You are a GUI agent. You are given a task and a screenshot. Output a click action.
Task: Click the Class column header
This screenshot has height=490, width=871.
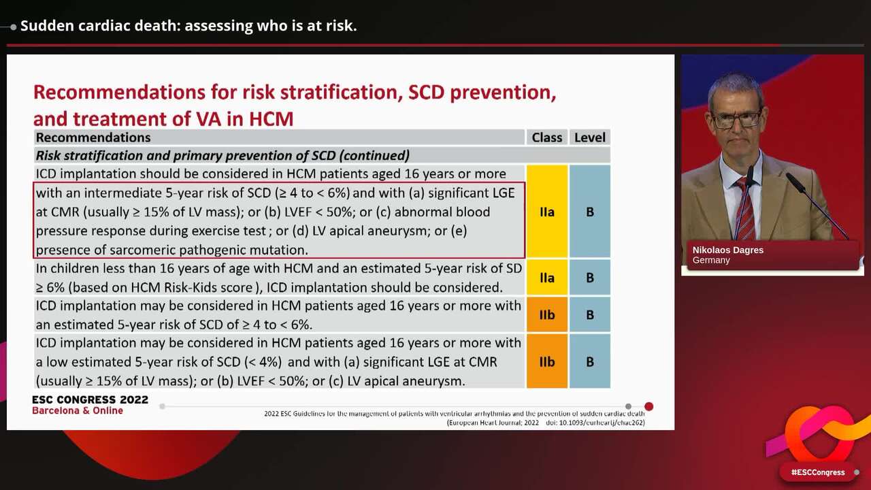pyautogui.click(x=546, y=137)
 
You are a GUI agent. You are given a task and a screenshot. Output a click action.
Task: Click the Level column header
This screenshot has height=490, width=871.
pyautogui.click(x=589, y=137)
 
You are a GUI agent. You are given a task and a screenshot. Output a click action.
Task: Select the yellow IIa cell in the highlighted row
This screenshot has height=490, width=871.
pyautogui.click(x=546, y=212)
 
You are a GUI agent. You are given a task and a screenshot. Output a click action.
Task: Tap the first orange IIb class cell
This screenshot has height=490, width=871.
pyautogui.click(x=546, y=314)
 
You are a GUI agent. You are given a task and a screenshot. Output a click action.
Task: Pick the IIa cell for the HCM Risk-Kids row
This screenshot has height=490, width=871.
pyautogui.click(x=546, y=278)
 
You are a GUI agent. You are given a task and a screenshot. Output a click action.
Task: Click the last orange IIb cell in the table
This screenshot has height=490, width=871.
pyautogui.click(x=546, y=361)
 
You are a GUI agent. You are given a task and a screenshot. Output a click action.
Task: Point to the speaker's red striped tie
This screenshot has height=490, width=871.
pyautogui.click(x=745, y=208)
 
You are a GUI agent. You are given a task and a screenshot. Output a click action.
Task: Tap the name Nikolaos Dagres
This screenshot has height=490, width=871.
pyautogui.click(x=727, y=250)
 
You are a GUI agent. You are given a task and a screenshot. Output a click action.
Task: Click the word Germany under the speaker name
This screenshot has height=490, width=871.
pyautogui.click(x=711, y=260)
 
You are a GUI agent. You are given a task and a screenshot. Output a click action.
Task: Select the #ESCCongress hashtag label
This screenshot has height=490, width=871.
pyautogui.click(x=817, y=472)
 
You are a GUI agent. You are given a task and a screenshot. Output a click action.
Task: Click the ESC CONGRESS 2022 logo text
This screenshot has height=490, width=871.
pyautogui.click(x=90, y=400)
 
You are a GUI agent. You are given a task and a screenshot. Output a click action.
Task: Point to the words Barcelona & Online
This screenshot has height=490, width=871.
pyautogui.click(x=78, y=411)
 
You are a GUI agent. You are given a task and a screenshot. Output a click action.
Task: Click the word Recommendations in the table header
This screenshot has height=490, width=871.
pyautogui.click(x=93, y=137)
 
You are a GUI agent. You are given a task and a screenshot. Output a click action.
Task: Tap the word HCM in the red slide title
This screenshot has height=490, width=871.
pyautogui.click(x=271, y=119)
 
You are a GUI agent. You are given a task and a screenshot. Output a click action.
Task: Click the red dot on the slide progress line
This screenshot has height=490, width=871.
pyautogui.click(x=648, y=406)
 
